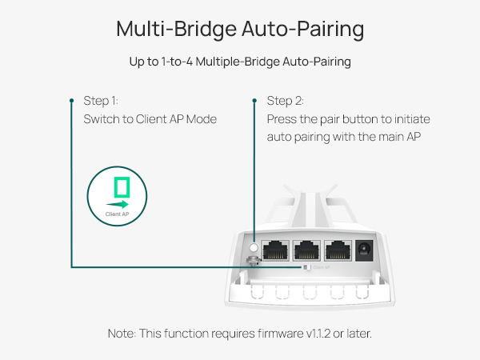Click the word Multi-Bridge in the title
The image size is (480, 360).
pyautogui.click(x=157, y=29)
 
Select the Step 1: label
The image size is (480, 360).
pyautogui.click(x=101, y=101)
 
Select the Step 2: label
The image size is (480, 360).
pyautogui.click(x=285, y=101)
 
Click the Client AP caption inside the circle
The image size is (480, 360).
pyautogui.click(x=117, y=215)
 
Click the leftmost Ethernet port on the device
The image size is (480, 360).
pyautogui.click(x=276, y=251)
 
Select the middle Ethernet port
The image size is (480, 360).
pyautogui.click(x=306, y=251)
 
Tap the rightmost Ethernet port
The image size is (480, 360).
pyautogui.click(x=338, y=251)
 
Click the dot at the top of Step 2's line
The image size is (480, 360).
pyautogui.click(x=254, y=101)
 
